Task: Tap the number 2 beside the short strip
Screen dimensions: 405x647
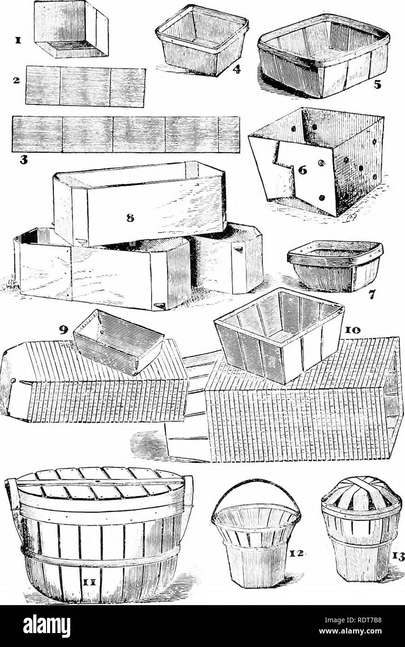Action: pyautogui.click(x=17, y=81)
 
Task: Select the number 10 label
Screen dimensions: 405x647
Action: pyautogui.click(x=357, y=329)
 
